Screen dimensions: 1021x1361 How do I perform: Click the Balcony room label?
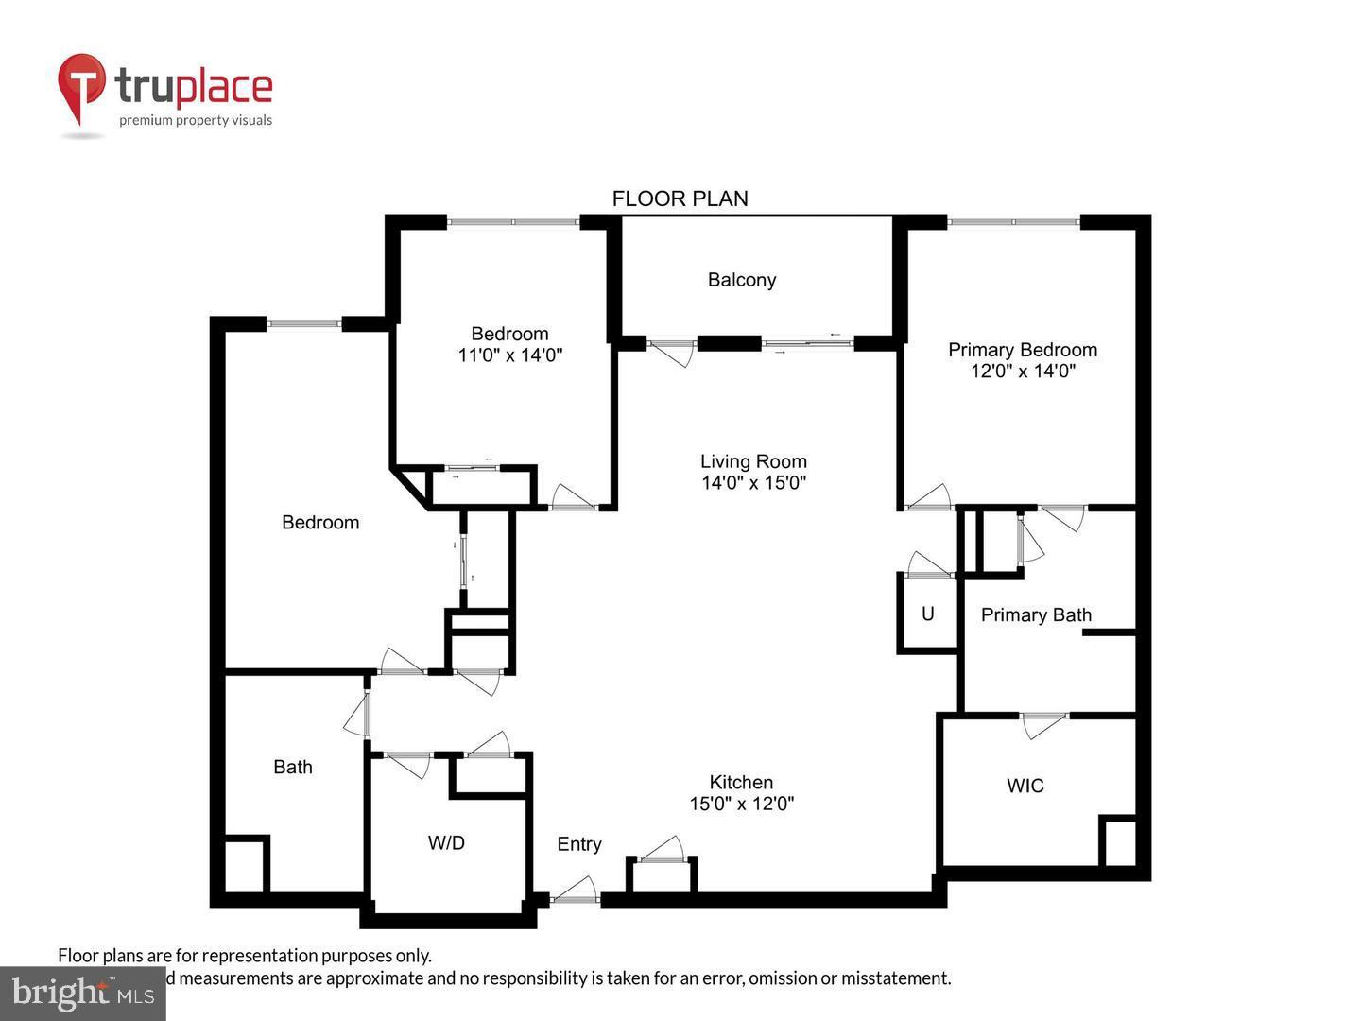tap(742, 280)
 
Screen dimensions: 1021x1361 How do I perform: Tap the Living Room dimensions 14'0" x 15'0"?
tap(753, 483)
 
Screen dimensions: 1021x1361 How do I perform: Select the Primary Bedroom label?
tap(1023, 350)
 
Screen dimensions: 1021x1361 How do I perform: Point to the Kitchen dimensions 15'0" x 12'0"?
tap(742, 805)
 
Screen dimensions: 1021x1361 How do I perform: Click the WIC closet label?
tap(1025, 786)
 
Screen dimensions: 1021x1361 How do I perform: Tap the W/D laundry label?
tap(446, 842)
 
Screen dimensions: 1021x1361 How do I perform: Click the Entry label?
tap(579, 844)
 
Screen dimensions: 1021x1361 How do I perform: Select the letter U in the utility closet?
tap(928, 614)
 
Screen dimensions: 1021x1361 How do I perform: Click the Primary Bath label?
tap(1036, 615)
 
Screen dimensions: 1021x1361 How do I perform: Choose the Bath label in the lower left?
tap(293, 767)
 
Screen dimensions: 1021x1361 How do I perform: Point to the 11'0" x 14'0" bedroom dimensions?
tap(510, 355)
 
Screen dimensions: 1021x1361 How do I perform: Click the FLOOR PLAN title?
tap(680, 199)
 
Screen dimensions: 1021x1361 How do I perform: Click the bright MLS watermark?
tap(83, 993)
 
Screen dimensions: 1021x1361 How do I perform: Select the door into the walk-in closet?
tap(1043, 723)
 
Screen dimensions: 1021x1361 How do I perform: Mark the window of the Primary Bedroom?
tap(1013, 222)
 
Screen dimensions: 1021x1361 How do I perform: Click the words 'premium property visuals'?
tap(196, 120)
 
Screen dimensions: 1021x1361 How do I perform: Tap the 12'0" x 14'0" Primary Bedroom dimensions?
tap(1023, 372)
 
